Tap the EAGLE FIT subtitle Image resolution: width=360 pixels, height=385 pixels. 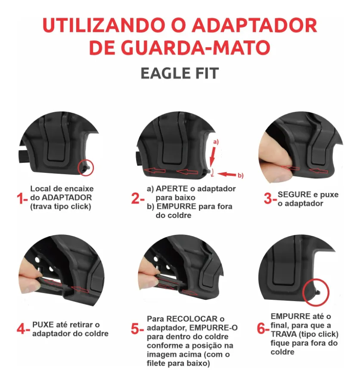180,73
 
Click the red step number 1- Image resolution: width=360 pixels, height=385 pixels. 22,198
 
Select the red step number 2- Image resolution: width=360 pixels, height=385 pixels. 138,198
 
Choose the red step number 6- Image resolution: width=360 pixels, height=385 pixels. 263,329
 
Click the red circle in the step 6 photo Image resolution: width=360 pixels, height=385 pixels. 316,292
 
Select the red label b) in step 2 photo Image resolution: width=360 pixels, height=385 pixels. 240,175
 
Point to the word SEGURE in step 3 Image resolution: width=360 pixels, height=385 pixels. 294,194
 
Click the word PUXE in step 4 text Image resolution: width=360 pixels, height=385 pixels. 42,324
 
